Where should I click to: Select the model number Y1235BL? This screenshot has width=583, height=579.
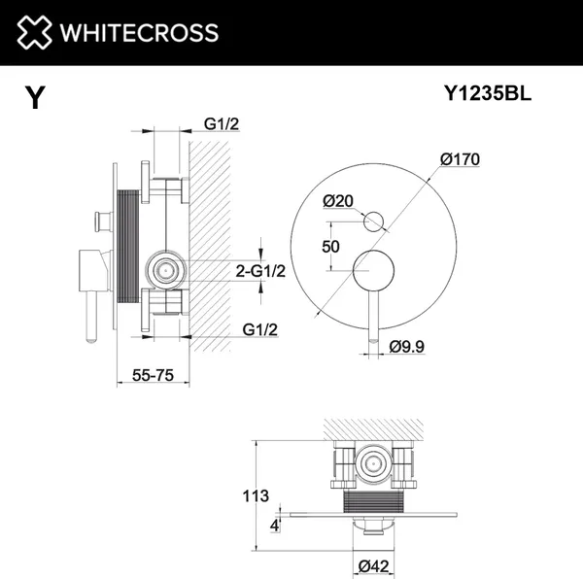486,94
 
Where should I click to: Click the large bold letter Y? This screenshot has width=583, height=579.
35,98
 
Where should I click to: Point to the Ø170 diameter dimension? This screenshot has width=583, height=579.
460,159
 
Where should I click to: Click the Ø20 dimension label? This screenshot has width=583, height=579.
338,201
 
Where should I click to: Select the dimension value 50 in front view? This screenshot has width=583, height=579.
330,246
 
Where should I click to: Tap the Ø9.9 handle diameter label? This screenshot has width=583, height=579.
408,346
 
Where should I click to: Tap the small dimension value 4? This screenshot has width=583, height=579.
276,526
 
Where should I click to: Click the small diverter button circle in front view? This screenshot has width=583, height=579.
372,222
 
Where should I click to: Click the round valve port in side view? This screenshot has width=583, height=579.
165,269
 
